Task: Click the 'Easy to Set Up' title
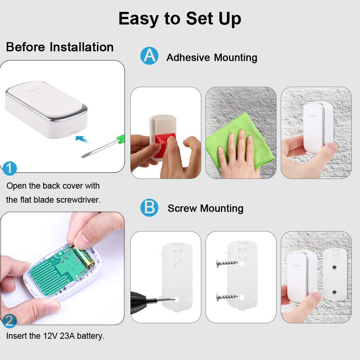coord(180,18)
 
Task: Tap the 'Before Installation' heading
coord(60,47)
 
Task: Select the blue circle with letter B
coord(149,208)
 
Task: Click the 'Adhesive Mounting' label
coord(212,58)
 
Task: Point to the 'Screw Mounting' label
coord(205,208)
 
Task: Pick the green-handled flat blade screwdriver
coord(104,146)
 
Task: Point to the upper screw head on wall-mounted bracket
coord(334,268)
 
